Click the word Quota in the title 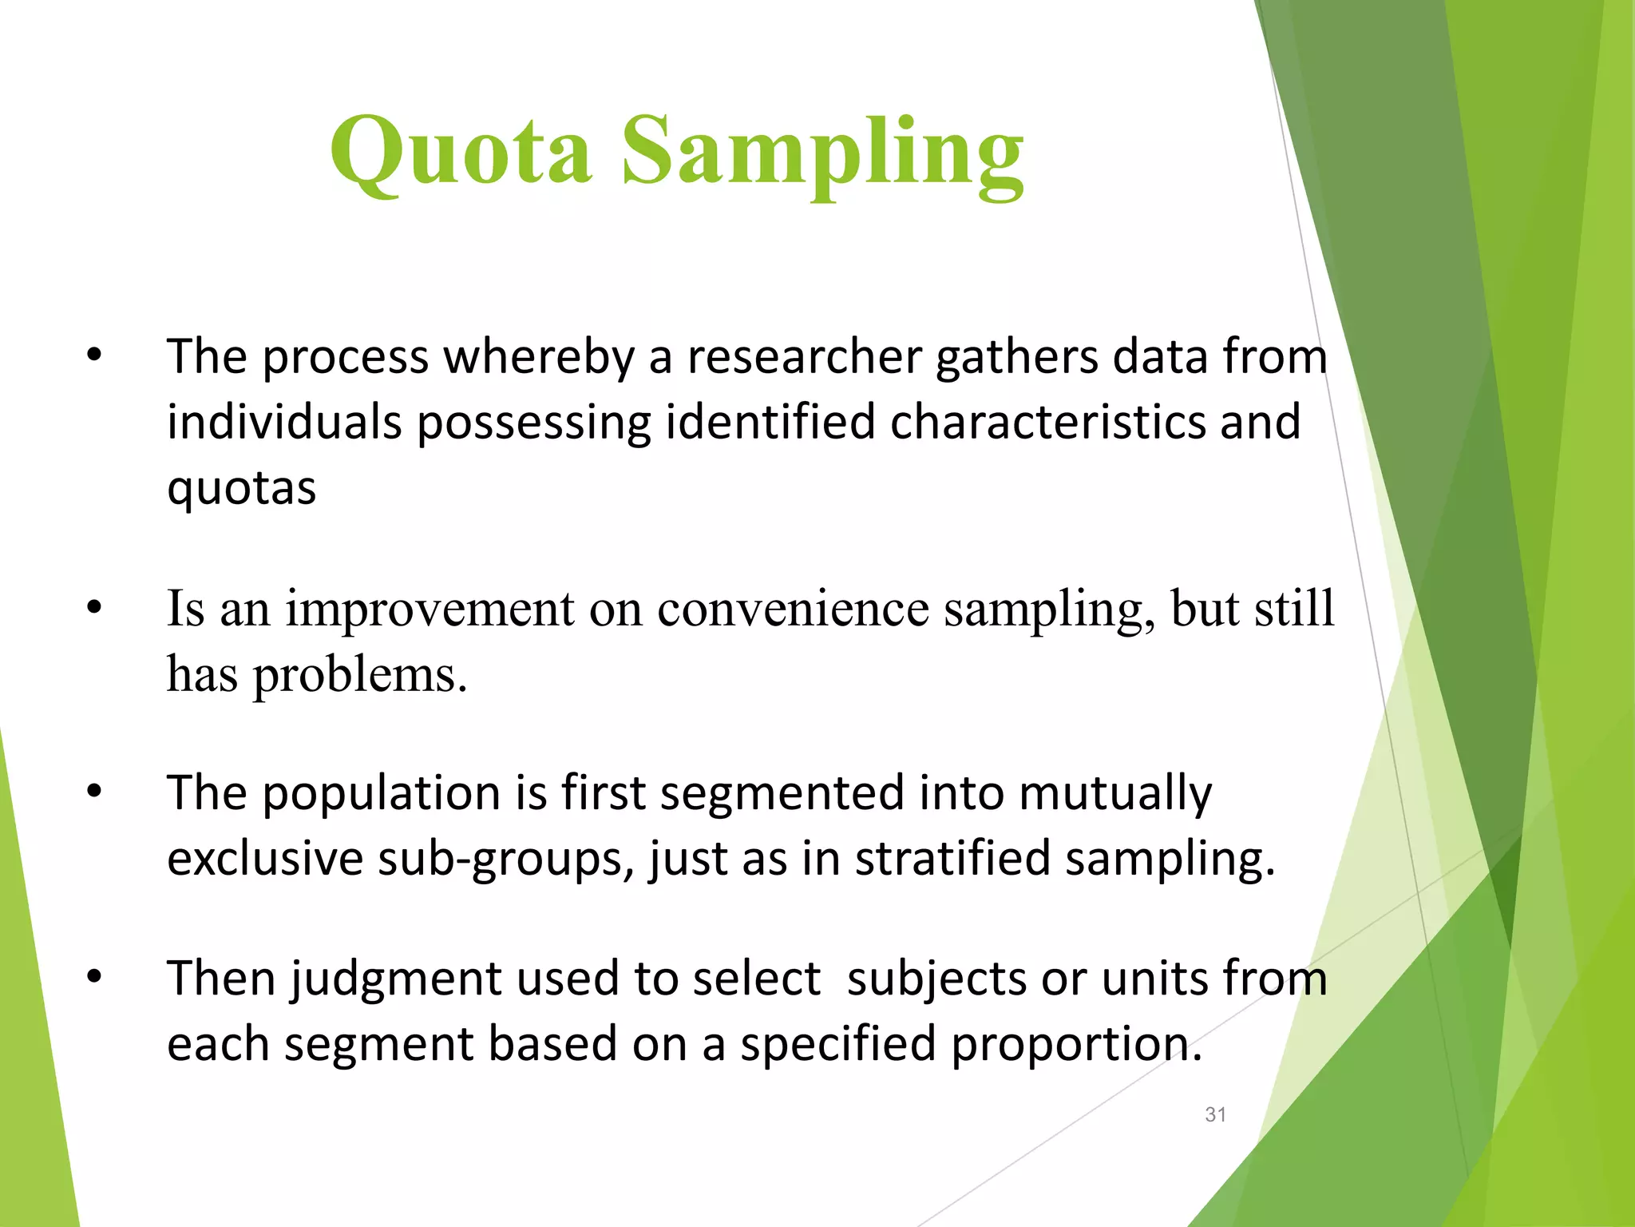461,152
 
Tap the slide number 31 1215,1114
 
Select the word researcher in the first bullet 804,356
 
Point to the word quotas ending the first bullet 241,489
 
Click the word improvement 430,609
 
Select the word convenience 793,609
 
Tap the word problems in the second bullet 359,675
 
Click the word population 381,793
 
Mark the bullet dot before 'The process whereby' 94,356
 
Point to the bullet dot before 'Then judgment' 94,977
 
